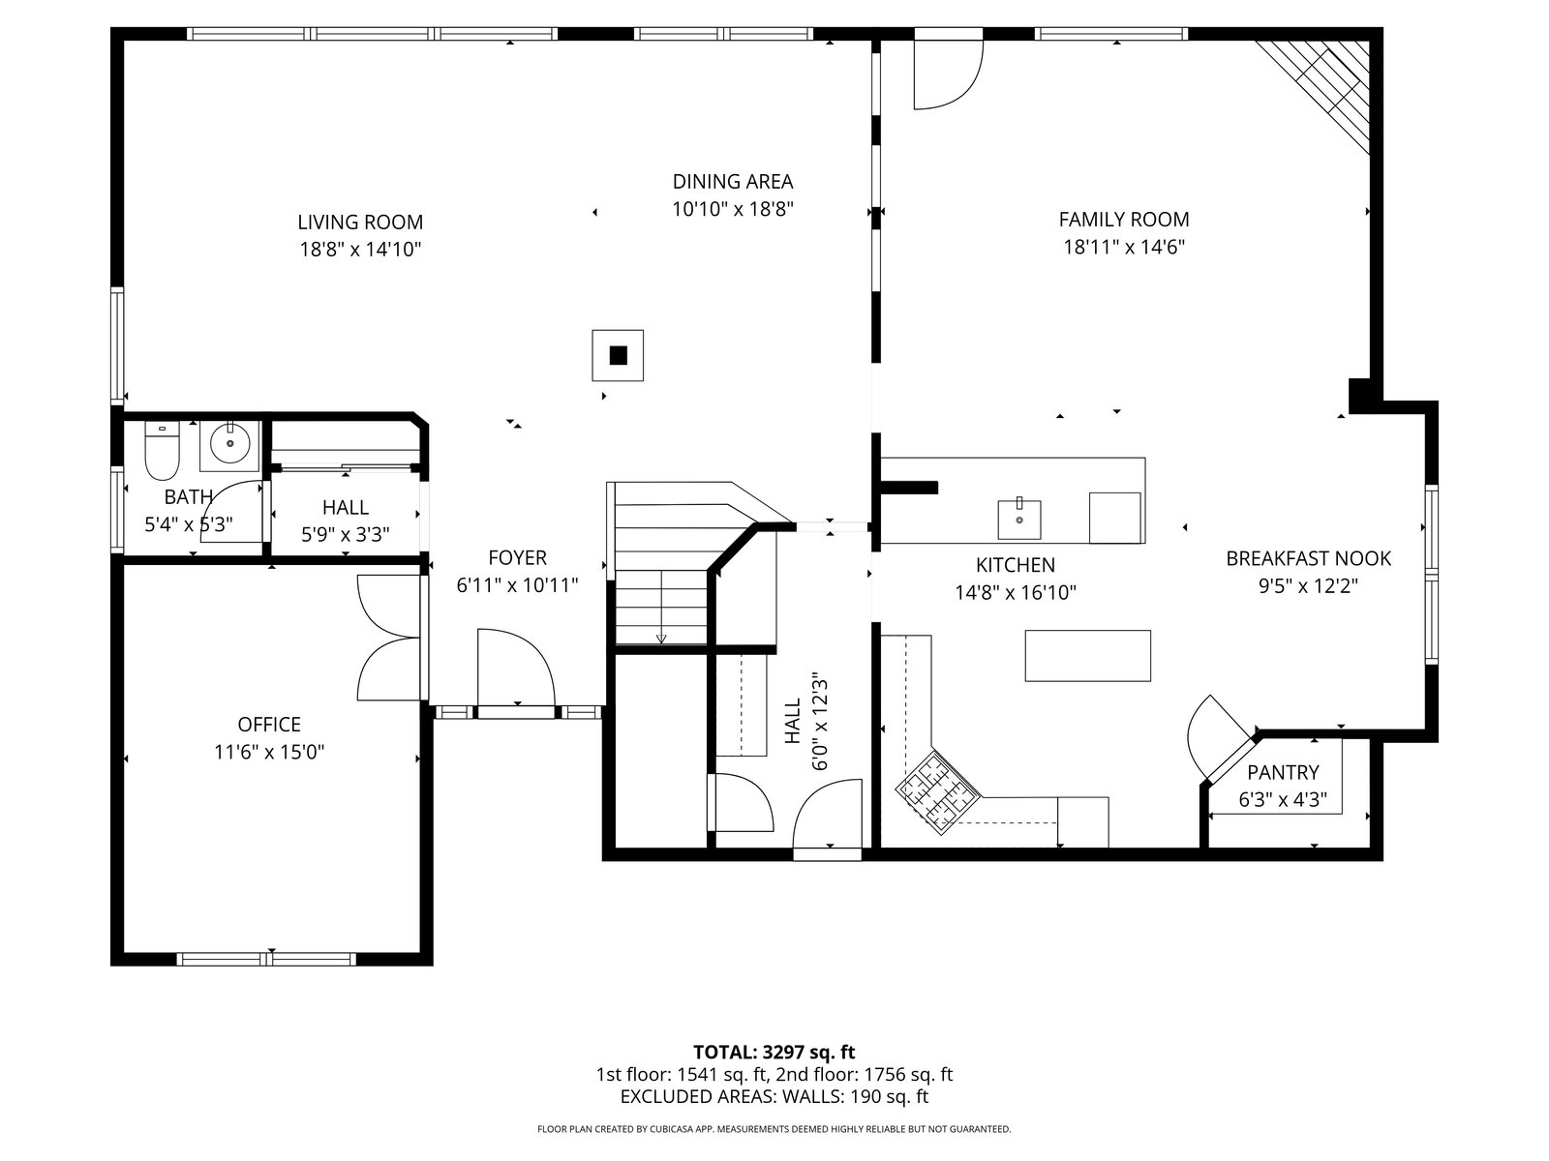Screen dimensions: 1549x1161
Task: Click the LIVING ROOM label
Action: [360, 223]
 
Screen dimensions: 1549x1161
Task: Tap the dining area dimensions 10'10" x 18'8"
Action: [733, 209]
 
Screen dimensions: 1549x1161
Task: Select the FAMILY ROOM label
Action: [1123, 220]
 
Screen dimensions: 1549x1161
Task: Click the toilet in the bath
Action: [162, 450]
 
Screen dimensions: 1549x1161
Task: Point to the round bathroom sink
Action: [229, 445]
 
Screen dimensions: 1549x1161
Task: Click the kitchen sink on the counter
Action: [1019, 520]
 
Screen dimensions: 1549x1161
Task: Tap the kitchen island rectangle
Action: [1087, 656]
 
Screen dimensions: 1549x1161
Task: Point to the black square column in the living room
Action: [619, 355]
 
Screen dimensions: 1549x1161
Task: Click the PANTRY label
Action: [1283, 773]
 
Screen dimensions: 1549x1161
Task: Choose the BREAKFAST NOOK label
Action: [1308, 558]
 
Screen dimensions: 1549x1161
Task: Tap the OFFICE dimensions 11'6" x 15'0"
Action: [269, 752]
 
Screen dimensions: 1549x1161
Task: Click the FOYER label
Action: [517, 557]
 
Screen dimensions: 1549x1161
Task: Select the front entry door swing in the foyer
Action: [516, 667]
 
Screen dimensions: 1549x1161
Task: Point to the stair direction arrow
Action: [661, 607]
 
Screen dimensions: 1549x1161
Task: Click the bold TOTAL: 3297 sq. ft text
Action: [774, 1053]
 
